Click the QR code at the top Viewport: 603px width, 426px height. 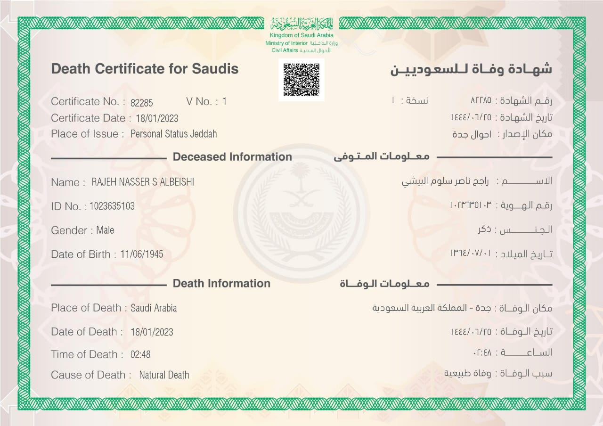301,79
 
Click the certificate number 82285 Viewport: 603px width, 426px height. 142,102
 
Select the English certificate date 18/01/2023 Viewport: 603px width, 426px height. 157,118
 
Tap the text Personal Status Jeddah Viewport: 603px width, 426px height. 173,134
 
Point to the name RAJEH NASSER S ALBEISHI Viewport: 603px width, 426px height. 143,182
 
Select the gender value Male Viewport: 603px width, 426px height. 105,230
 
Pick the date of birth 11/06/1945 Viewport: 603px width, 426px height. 141,254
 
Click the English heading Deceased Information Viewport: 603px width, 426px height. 232,157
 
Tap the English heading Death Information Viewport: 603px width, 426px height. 221,283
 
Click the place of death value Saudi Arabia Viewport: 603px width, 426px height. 154,308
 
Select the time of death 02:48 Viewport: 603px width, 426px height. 140,354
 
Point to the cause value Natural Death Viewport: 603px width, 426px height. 164,375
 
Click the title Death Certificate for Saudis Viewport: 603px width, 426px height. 145,69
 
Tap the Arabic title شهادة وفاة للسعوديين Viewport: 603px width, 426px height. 471,69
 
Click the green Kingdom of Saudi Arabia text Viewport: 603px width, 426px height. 301,35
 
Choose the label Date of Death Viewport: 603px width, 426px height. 84,332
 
